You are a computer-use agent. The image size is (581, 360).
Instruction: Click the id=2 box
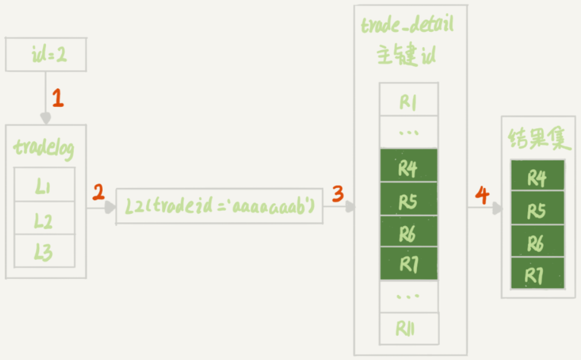pyautogui.click(x=46, y=54)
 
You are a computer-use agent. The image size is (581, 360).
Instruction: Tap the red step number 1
pyautogui.click(x=58, y=99)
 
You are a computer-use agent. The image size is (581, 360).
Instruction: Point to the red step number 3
pyautogui.click(x=338, y=194)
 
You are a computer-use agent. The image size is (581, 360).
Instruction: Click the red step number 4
pyautogui.click(x=482, y=195)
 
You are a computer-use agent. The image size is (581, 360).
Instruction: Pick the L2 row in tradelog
pyautogui.click(x=44, y=219)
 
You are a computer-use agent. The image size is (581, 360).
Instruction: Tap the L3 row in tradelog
pyautogui.click(x=44, y=251)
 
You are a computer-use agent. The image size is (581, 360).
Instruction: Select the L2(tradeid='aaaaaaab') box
pyautogui.click(x=219, y=206)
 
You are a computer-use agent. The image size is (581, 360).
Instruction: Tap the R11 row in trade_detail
pyautogui.click(x=408, y=328)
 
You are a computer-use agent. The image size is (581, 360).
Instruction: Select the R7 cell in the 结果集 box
pyautogui.click(x=537, y=274)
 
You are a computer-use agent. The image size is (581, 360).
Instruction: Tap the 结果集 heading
pyautogui.click(x=538, y=139)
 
